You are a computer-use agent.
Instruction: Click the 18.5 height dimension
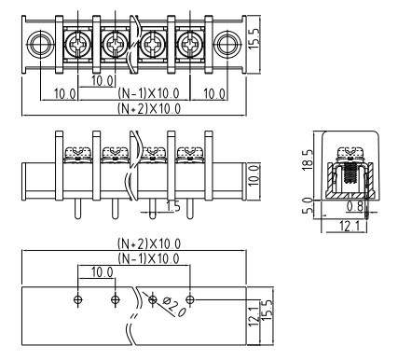coord(308,159)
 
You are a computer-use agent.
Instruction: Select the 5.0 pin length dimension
coord(308,205)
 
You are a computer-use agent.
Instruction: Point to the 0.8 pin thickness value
coord(355,206)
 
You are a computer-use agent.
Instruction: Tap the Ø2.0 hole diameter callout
coord(174,307)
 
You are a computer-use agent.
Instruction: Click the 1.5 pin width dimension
coord(173,205)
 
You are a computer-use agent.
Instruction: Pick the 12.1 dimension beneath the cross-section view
coord(350,226)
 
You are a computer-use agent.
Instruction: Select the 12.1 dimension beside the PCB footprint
coord(254,317)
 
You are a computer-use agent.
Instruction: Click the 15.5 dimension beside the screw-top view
coord(254,36)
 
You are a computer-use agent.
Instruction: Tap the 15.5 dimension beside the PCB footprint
coord(268,311)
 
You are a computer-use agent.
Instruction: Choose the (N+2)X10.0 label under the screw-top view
coord(149,108)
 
